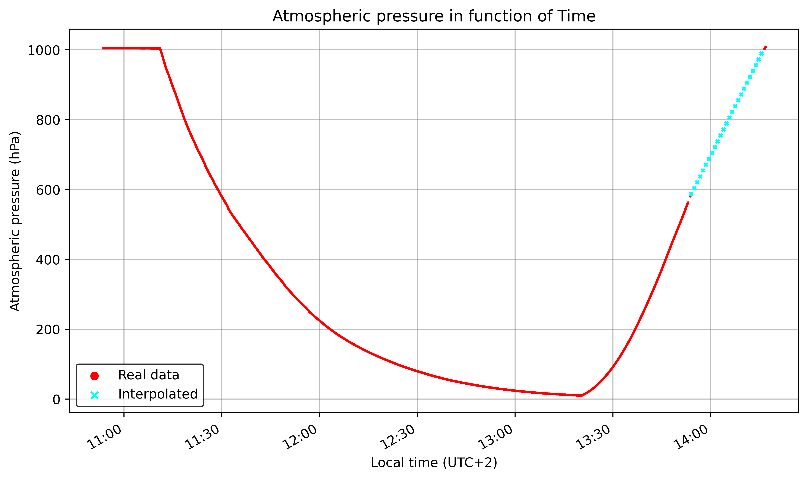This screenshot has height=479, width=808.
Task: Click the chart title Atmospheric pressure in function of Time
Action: [x=434, y=16]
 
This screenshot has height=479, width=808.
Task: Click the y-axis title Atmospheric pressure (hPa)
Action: [x=15, y=221]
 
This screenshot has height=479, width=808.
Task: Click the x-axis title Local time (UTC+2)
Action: [x=434, y=462]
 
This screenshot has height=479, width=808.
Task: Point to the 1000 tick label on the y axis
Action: [x=44, y=50]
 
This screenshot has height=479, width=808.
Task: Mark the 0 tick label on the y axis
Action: [x=56, y=400]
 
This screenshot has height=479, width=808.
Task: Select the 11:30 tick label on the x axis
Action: [x=203, y=437]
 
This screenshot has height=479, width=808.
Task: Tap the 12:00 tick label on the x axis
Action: [x=301, y=437]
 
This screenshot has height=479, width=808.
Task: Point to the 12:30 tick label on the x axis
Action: [x=399, y=437]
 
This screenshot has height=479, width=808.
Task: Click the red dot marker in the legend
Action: [x=94, y=376]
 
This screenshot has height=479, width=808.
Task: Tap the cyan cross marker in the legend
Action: [x=94, y=395]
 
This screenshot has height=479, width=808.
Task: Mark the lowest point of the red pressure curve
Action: [x=581, y=395]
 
